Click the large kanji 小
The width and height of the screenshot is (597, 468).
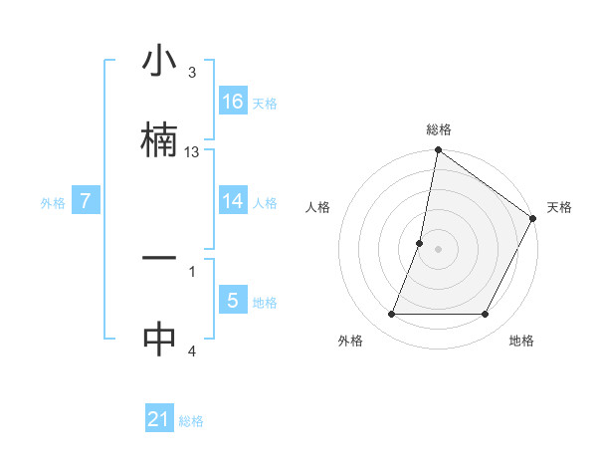[159, 63]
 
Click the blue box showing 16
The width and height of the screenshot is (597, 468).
[233, 101]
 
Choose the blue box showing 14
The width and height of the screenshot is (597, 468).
[233, 200]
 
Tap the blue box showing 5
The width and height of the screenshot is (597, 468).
[233, 300]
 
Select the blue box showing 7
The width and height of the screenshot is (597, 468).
[87, 201]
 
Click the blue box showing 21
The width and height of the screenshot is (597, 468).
[159, 419]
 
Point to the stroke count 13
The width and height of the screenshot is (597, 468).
[192, 152]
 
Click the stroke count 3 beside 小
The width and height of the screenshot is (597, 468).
[192, 73]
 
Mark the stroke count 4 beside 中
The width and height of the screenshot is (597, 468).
[192, 351]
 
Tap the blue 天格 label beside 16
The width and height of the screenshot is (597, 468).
[265, 103]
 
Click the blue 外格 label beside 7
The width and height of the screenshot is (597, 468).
[53, 202]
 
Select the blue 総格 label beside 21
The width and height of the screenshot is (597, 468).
[191, 421]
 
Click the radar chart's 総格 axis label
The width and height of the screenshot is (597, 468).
[439, 129]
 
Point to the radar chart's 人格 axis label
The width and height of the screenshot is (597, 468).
[318, 207]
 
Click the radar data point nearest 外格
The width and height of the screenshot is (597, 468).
[392, 315]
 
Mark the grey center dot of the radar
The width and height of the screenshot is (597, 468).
[439, 248]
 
